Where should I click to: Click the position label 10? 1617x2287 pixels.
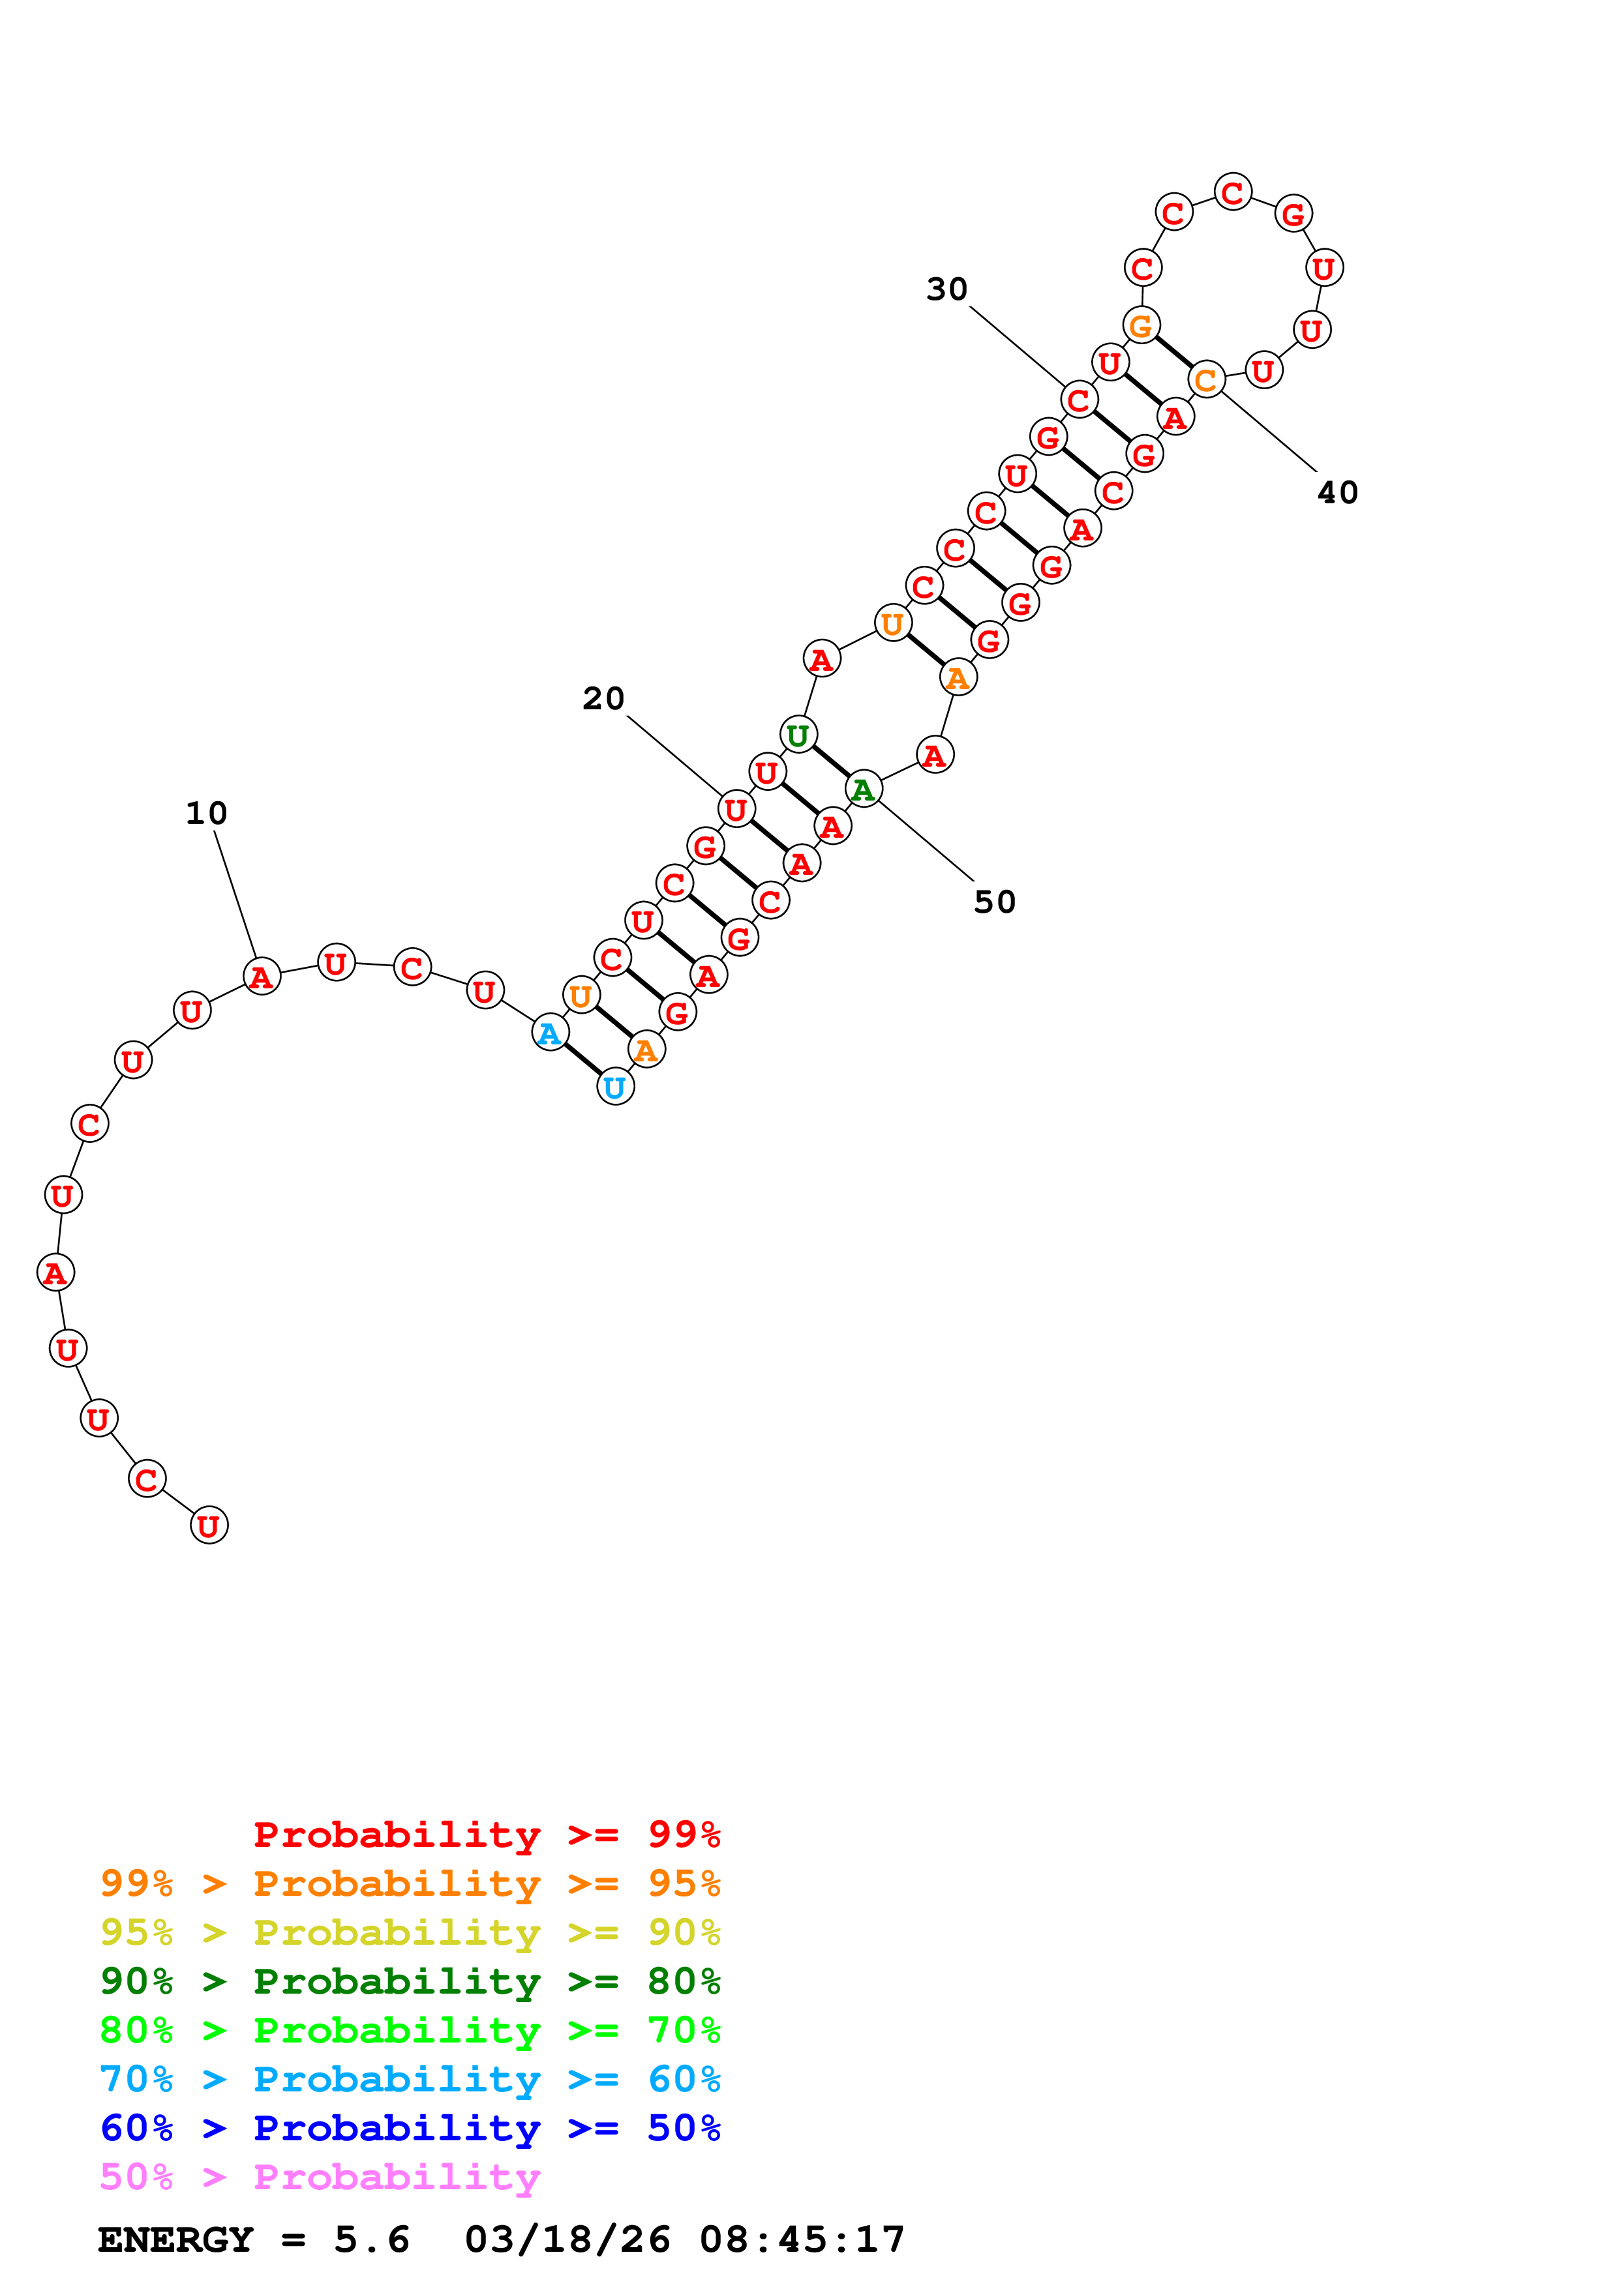click(206, 813)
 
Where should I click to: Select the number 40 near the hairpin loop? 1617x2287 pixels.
click(1337, 492)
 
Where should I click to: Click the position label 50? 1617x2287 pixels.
click(994, 902)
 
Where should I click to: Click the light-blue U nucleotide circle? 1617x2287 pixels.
click(614, 1087)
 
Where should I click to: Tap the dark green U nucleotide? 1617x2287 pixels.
click(798, 735)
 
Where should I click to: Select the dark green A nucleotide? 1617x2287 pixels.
click(864, 789)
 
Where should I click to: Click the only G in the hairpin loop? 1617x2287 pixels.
click(1293, 213)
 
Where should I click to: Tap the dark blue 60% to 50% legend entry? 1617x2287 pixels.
click(410, 2128)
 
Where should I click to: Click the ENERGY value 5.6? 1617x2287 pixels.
click(372, 2239)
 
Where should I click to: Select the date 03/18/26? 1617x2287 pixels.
click(567, 2239)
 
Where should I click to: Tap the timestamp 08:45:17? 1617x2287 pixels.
click(802, 2239)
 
